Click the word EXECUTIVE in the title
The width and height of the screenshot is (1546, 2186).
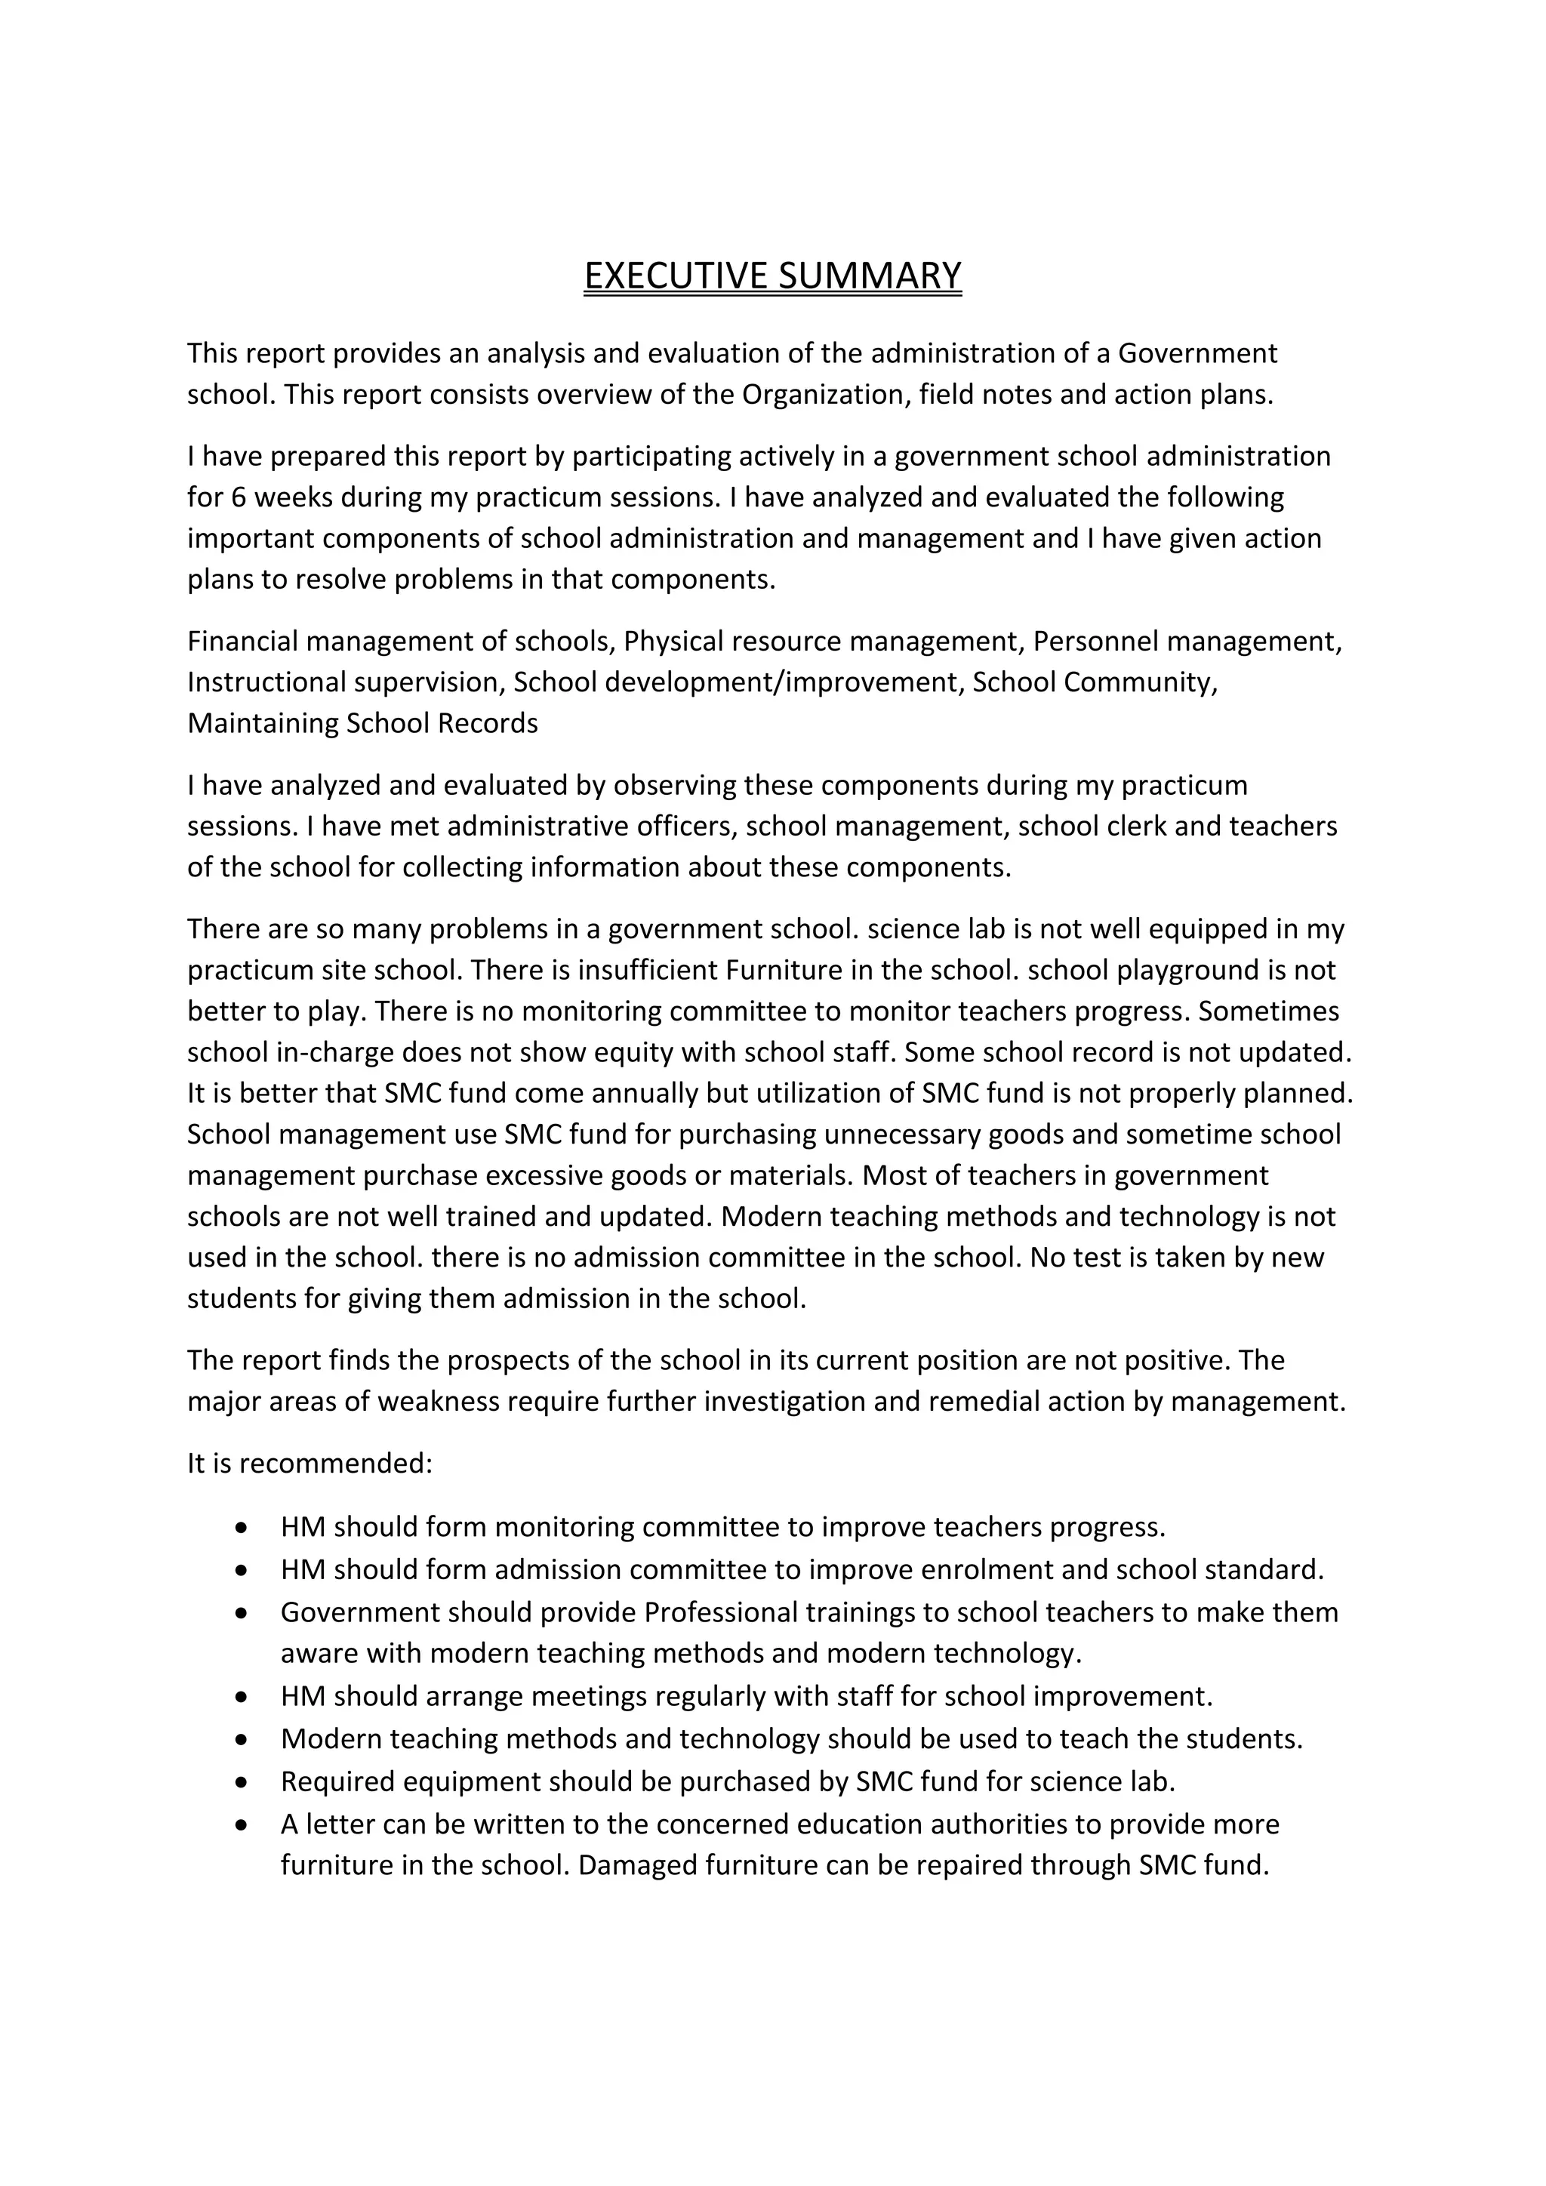[676, 276]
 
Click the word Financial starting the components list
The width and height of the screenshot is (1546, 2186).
[243, 641]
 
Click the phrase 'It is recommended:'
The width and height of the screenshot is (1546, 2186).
[310, 1462]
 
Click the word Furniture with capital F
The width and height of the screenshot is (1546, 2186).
[783, 969]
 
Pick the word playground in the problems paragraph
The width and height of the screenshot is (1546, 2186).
[1173, 969]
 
